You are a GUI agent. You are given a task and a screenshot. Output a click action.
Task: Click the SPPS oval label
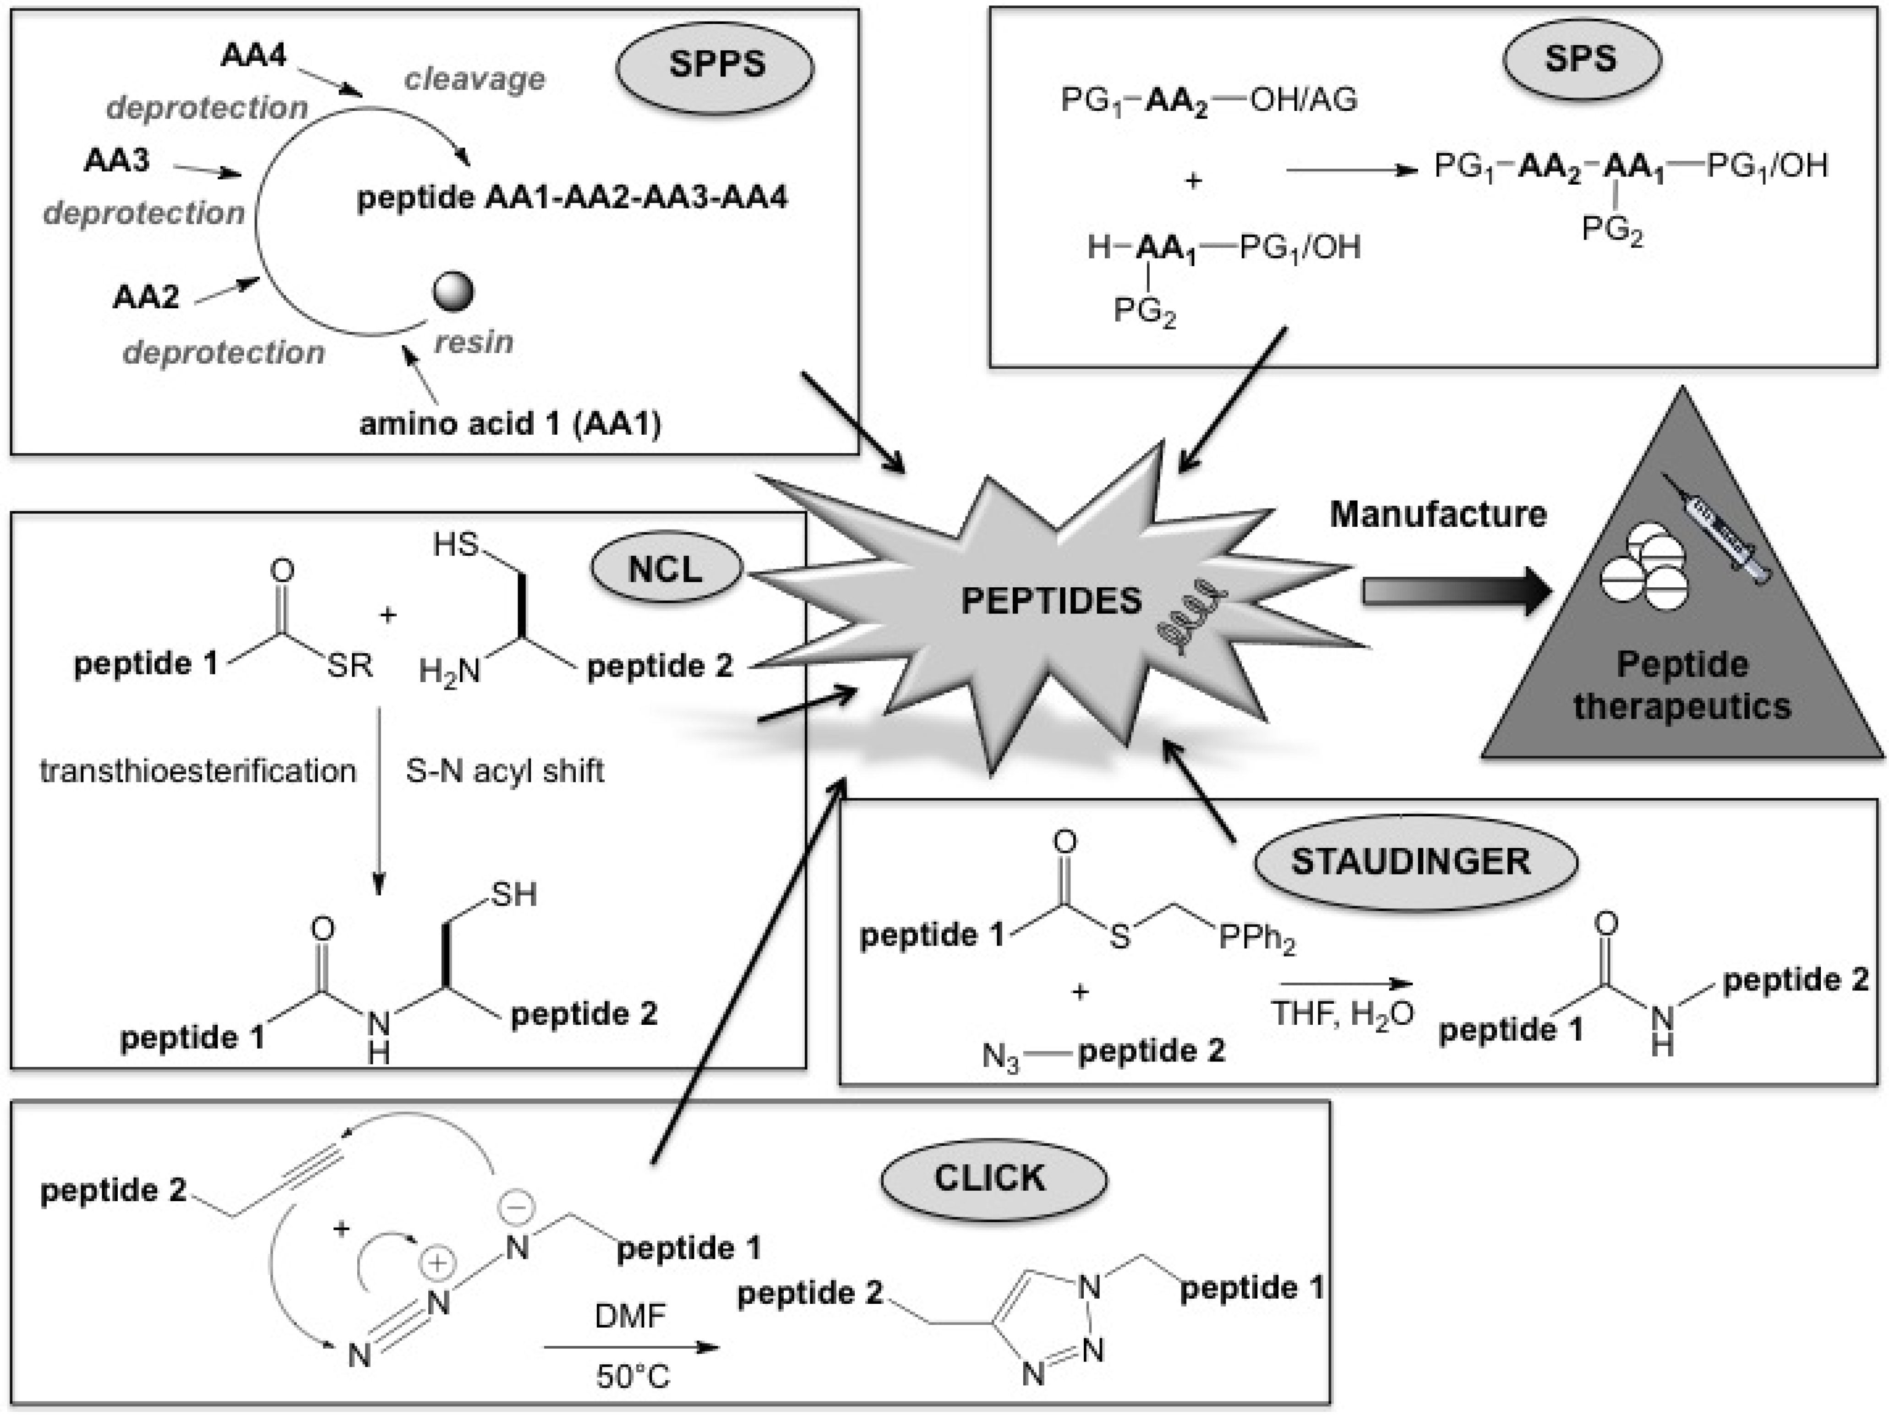715,65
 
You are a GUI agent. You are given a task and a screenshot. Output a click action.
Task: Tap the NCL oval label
665,569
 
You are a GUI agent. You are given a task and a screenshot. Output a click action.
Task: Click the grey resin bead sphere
453,291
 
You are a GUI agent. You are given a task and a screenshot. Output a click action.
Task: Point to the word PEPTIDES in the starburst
1051,601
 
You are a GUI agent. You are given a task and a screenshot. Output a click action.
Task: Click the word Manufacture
1438,514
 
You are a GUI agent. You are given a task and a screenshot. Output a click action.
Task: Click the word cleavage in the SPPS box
475,79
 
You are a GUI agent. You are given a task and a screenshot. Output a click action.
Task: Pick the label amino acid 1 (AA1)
510,424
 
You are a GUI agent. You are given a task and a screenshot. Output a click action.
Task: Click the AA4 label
254,55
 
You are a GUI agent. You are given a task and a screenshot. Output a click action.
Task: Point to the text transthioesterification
198,771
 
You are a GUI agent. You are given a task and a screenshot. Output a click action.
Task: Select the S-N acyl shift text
505,771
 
